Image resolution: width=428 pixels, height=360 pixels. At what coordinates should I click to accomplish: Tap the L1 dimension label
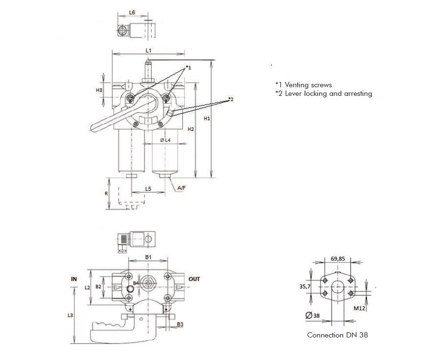(149, 50)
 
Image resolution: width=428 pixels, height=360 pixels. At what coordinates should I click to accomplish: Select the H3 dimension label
(99, 90)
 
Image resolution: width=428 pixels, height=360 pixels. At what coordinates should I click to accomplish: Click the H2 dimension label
(191, 129)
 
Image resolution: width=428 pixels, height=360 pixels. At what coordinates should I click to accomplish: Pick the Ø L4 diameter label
(165, 140)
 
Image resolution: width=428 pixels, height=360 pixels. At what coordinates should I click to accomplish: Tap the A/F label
(182, 188)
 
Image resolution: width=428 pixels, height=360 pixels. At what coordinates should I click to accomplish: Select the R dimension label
(106, 194)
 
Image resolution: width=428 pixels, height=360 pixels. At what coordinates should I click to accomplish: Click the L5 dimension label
(149, 189)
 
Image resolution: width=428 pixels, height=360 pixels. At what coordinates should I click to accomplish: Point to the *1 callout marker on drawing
(188, 68)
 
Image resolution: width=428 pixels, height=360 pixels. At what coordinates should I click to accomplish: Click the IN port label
(74, 279)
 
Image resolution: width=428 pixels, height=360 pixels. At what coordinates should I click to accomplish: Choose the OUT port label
(194, 279)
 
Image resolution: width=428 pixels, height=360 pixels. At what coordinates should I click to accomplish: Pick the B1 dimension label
(149, 257)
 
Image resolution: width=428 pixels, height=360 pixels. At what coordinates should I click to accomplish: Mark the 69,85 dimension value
(338, 258)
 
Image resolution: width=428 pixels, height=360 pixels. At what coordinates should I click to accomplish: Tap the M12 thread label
(360, 308)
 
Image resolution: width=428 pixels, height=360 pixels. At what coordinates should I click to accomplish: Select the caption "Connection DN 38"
(337, 335)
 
